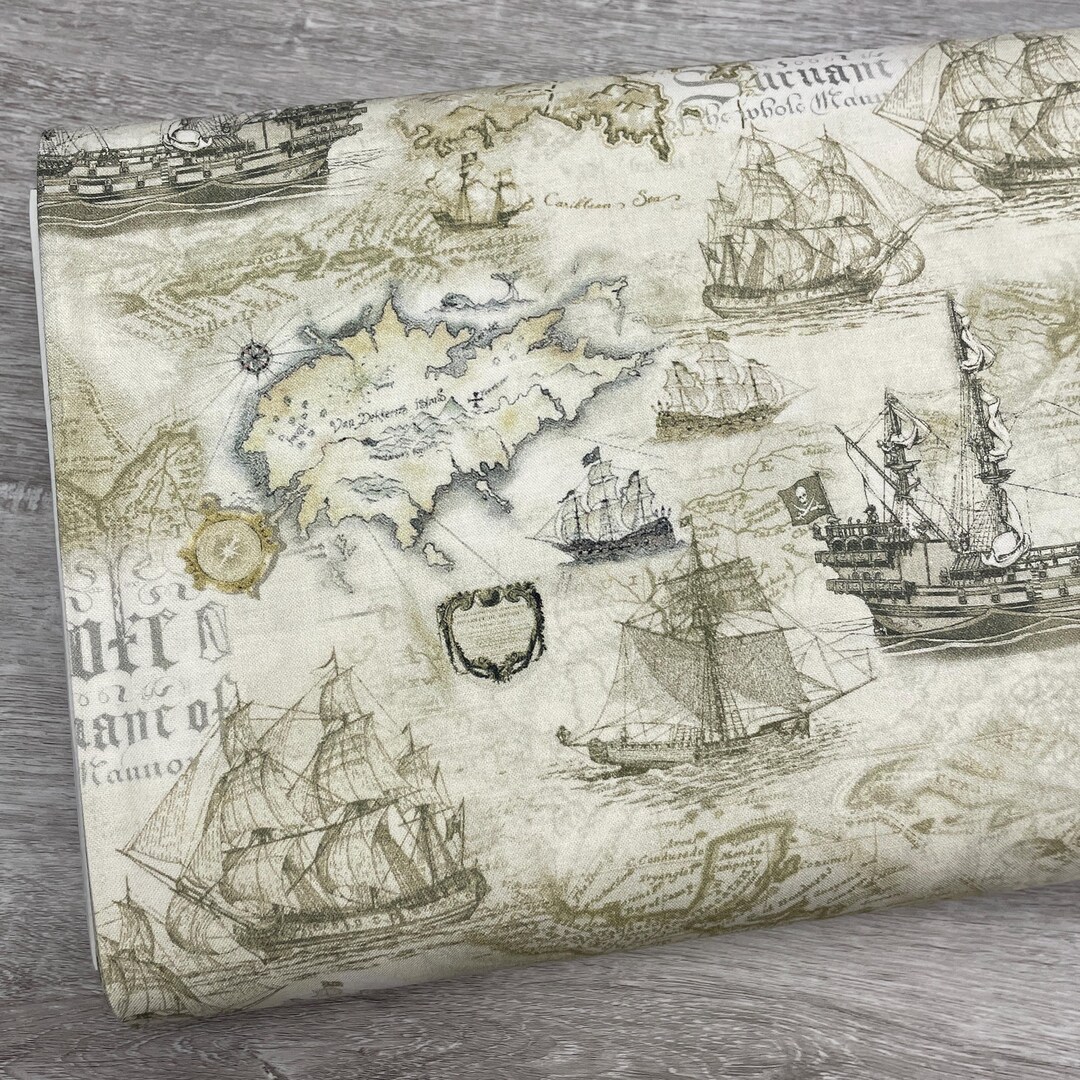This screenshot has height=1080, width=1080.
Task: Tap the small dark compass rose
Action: pos(255,353)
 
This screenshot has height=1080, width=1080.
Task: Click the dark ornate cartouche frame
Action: pos(490,630)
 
